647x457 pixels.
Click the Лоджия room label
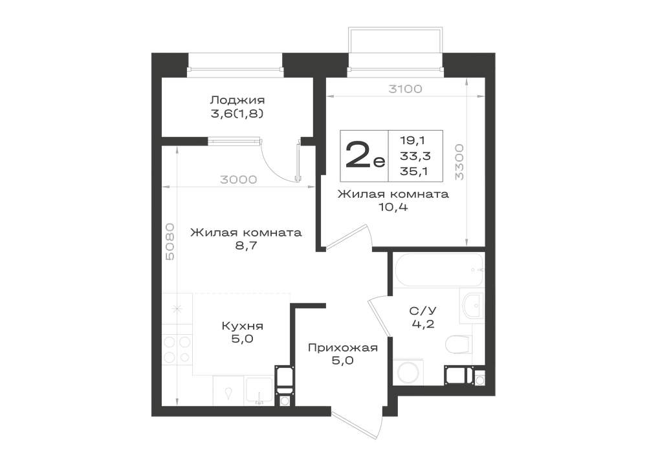(x=237, y=100)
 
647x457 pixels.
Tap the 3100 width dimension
(x=405, y=89)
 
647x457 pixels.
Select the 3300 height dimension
(x=459, y=162)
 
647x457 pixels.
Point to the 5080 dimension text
(x=170, y=242)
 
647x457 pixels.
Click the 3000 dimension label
(x=239, y=180)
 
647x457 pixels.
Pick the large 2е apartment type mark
(x=365, y=156)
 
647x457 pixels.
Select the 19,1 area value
(x=413, y=140)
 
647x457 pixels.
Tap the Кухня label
(x=243, y=326)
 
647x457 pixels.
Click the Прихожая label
(x=343, y=348)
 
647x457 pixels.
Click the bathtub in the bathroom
(x=439, y=270)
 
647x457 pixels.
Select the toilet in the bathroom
(x=459, y=345)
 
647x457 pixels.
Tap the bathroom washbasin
(x=472, y=306)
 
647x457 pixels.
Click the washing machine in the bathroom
(x=408, y=372)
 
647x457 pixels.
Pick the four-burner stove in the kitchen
(x=177, y=350)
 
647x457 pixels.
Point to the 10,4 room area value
(x=393, y=207)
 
